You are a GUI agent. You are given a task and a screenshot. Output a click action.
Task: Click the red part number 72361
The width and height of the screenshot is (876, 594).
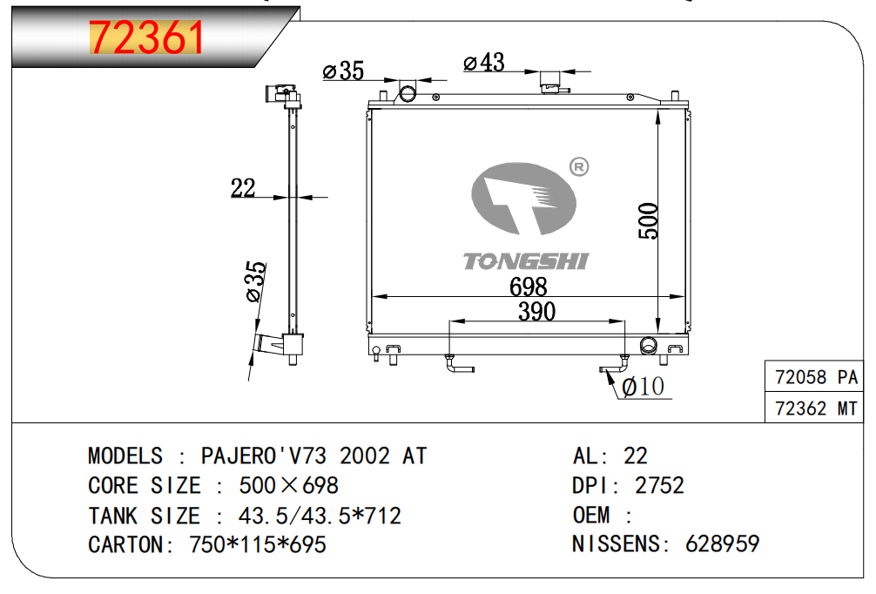click(146, 37)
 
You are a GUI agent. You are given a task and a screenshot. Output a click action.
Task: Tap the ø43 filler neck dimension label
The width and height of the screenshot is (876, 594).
click(484, 63)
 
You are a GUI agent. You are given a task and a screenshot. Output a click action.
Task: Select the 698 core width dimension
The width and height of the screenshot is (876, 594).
click(528, 287)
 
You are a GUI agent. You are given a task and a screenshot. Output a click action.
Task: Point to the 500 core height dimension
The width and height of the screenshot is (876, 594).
click(649, 220)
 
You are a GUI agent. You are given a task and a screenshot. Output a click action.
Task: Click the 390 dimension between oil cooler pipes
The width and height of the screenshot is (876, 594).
click(537, 311)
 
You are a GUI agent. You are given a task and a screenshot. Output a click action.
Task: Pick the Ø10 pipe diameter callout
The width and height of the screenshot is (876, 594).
click(643, 386)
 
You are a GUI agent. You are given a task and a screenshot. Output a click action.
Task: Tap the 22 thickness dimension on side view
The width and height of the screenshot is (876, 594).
click(243, 188)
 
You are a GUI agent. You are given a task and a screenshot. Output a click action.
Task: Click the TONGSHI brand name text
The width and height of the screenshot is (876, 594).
click(526, 261)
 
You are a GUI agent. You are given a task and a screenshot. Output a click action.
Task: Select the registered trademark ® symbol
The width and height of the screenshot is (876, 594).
click(579, 166)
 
